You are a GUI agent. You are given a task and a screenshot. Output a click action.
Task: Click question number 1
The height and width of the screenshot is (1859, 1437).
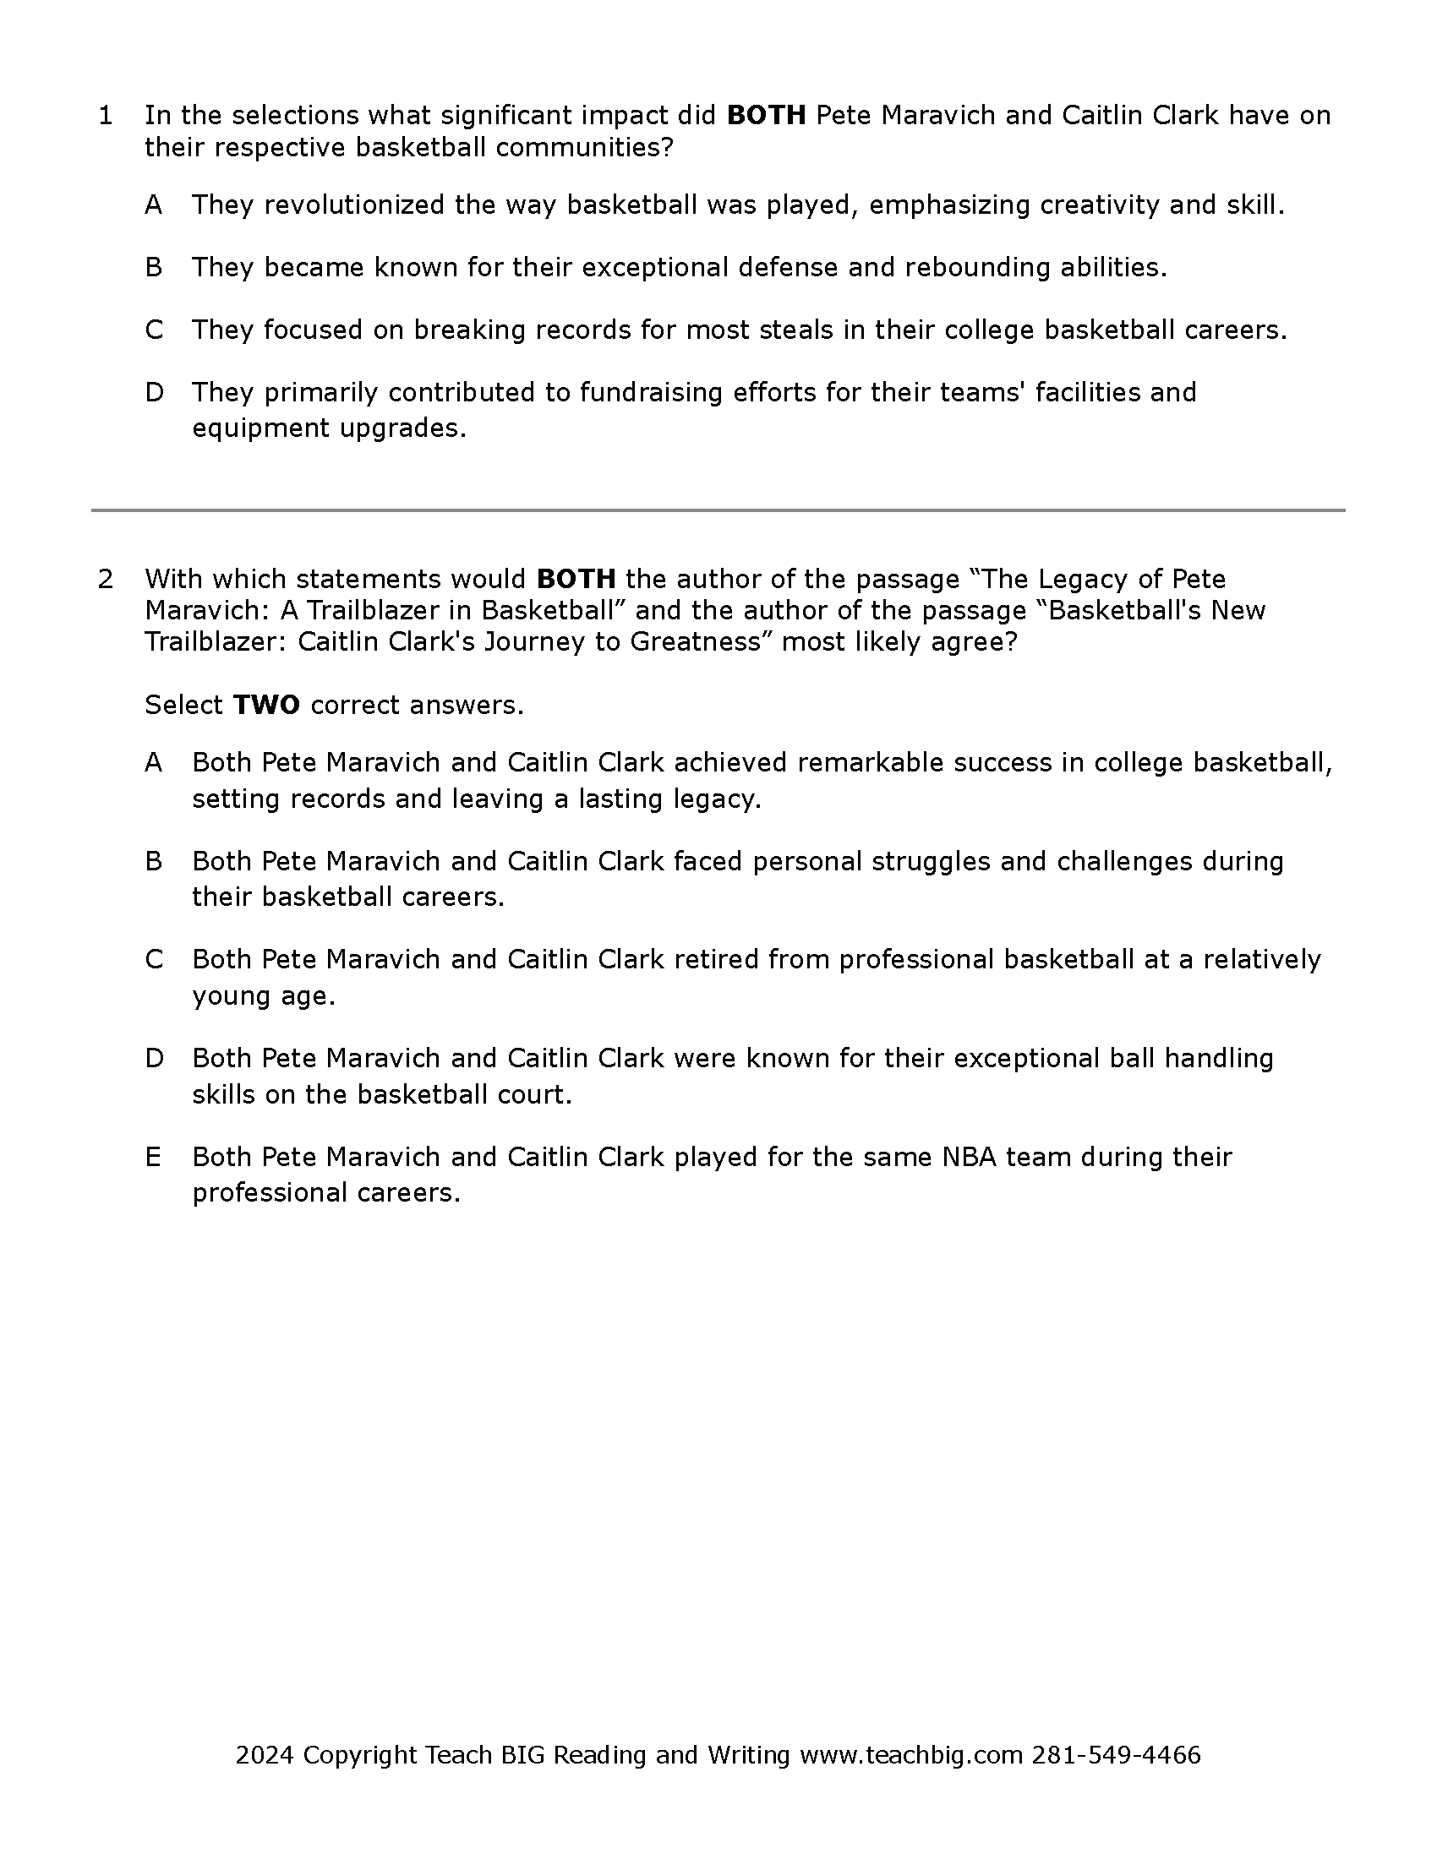pos(106,116)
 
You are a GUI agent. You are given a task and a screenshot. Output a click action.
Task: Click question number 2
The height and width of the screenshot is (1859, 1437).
pos(106,580)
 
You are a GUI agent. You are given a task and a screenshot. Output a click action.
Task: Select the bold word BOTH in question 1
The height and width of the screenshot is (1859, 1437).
pos(765,116)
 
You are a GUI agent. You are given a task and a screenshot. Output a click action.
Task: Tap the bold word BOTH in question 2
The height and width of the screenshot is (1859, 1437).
pos(576,580)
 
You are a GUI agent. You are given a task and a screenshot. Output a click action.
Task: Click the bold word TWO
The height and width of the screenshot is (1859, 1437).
pos(265,706)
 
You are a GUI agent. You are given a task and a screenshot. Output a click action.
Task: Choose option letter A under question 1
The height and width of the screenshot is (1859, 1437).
pos(153,205)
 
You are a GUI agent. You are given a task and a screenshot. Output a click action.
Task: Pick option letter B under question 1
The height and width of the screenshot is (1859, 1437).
pos(153,268)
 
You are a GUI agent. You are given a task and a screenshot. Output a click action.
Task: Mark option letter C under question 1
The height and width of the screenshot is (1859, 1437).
pos(153,330)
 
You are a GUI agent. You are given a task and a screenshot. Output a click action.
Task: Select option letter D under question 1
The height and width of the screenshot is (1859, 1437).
pos(153,393)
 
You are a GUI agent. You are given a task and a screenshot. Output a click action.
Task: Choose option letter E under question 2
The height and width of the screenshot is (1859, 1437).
pos(153,1158)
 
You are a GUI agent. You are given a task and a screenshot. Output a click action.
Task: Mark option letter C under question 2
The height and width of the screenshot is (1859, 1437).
pos(153,960)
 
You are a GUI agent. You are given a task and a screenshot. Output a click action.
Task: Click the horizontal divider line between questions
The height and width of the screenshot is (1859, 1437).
pos(718,510)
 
